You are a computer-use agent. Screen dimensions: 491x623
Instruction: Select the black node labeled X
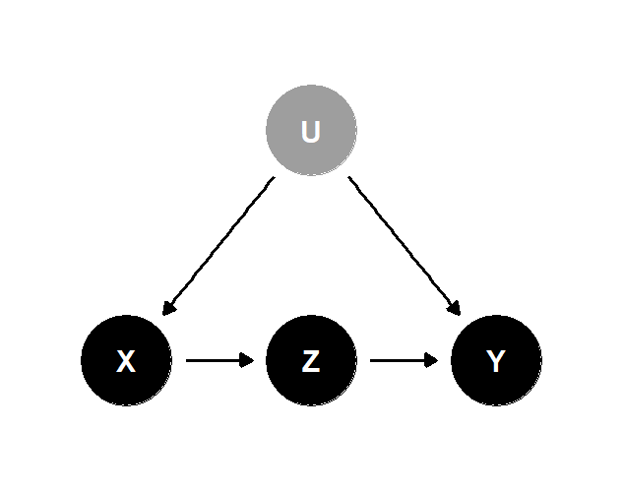point(126,360)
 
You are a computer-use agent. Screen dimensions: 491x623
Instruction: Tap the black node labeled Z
point(311,360)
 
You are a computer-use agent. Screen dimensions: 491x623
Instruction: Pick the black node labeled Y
point(496,360)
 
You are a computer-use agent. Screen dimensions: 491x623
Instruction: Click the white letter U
point(311,131)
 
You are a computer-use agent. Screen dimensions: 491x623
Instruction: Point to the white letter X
point(126,362)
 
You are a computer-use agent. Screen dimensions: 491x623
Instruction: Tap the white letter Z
point(311,362)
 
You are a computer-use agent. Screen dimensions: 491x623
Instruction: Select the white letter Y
point(496,362)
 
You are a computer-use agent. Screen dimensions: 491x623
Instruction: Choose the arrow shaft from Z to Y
point(399,360)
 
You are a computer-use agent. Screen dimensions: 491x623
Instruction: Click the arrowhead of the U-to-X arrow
point(167,309)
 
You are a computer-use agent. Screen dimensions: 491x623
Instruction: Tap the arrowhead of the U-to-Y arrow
point(455,309)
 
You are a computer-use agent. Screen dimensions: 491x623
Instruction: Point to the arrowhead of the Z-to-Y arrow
point(433,360)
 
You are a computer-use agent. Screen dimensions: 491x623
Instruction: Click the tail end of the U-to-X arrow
point(274,178)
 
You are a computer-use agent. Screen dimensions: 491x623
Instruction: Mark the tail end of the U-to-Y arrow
point(349,178)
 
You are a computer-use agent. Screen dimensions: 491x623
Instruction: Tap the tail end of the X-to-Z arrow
point(187,360)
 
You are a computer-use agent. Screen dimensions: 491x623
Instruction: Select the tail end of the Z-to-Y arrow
point(371,360)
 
